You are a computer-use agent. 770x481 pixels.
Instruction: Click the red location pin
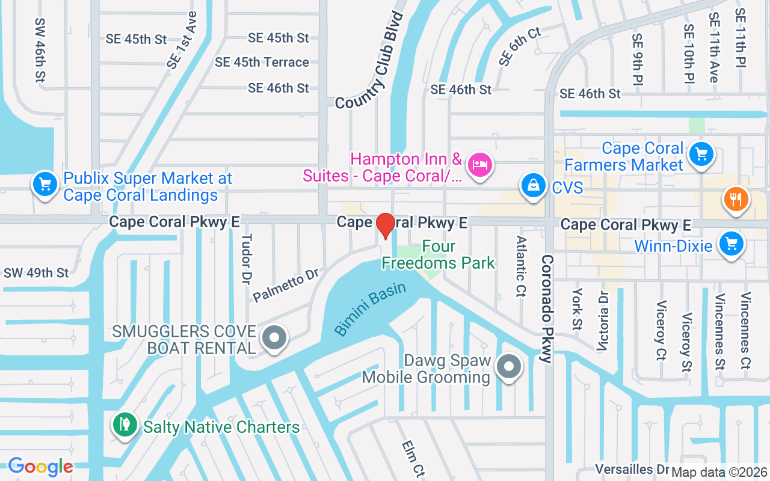(385, 225)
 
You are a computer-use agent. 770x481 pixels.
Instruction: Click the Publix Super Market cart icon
(45, 184)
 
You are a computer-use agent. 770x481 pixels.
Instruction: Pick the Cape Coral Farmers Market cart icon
(700, 154)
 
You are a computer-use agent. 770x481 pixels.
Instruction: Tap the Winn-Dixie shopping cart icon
(731, 245)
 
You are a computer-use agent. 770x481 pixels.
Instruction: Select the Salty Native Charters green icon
(125, 424)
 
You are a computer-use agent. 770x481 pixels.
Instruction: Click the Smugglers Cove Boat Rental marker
(275, 337)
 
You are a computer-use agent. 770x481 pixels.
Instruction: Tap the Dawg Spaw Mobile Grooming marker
(510, 366)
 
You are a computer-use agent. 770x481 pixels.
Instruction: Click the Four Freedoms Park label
(439, 254)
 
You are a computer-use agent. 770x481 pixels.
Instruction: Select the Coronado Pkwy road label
(546, 308)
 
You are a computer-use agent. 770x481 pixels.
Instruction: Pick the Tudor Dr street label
(246, 261)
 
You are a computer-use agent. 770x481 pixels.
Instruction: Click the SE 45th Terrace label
(262, 62)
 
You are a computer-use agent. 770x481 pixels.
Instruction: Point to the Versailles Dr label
(632, 468)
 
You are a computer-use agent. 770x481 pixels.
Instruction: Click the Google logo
(40, 467)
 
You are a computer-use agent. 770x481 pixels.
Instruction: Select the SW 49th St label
(36, 273)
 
